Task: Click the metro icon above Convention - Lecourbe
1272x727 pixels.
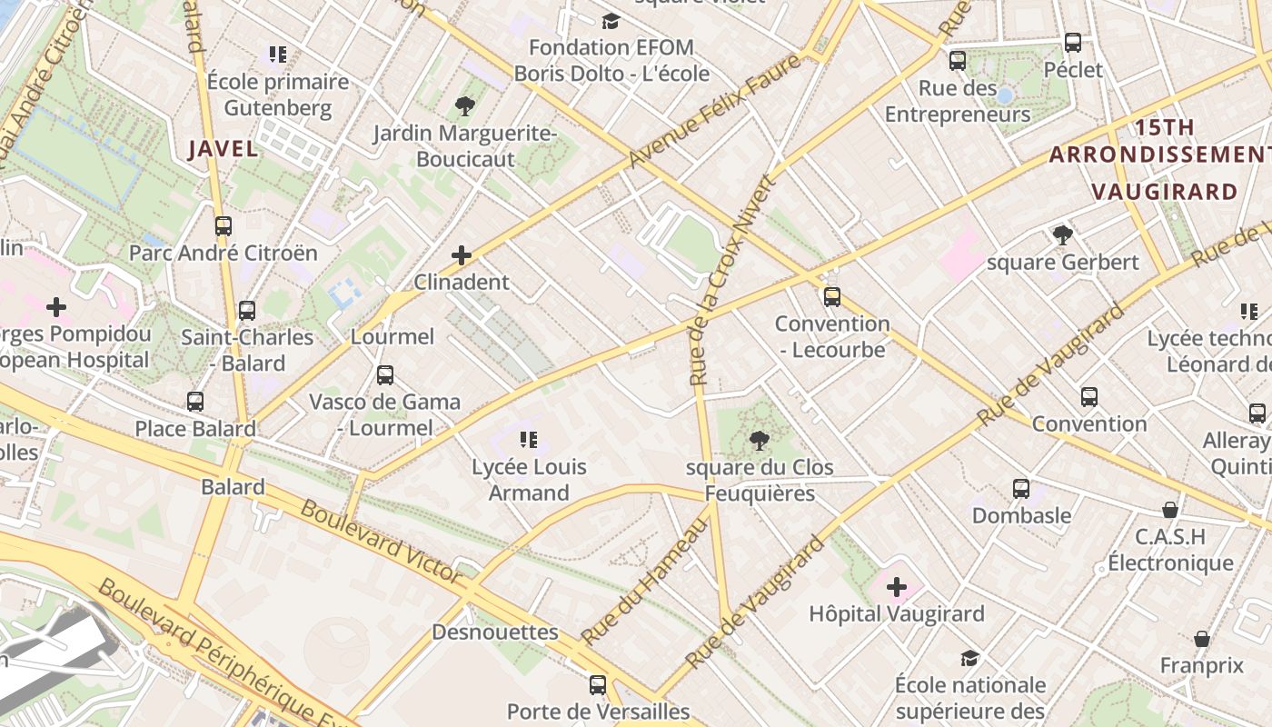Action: tap(831, 297)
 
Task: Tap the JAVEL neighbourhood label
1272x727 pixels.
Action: tap(224, 149)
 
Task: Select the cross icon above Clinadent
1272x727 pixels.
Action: tap(462, 255)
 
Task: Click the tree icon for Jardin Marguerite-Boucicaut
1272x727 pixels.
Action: tap(465, 106)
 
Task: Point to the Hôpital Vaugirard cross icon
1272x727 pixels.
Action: tap(897, 587)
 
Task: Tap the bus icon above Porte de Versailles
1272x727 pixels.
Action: tap(598, 685)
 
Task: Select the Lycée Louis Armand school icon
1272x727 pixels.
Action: tap(529, 441)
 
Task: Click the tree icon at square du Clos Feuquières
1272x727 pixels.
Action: tap(759, 442)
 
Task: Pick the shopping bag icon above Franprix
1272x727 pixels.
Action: tap(1202, 640)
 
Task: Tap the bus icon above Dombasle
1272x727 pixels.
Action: tap(1021, 489)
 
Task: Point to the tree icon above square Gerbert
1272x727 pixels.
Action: tap(1062, 235)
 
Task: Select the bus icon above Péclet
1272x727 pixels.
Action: tap(1073, 43)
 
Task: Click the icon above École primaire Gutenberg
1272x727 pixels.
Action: tap(278, 55)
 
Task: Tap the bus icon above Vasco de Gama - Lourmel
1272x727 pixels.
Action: tap(385, 374)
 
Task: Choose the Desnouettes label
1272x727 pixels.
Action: tap(495, 632)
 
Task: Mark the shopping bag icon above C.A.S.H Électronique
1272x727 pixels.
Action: tap(1170, 511)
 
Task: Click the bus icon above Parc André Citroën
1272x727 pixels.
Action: tap(224, 226)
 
